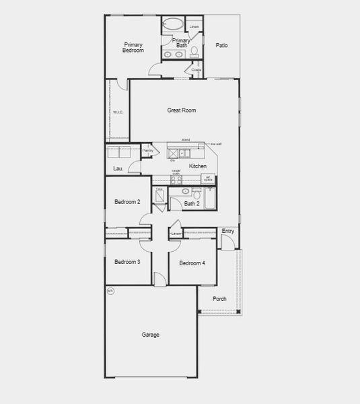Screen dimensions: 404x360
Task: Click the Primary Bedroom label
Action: (133, 47)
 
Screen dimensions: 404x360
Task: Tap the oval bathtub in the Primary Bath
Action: (173, 24)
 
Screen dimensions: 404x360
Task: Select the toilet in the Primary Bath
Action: (194, 51)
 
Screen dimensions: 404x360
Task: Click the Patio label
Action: (221, 46)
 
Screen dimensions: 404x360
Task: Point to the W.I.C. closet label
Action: (118, 112)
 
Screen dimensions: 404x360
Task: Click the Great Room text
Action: (182, 110)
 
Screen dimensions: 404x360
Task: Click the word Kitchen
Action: (197, 166)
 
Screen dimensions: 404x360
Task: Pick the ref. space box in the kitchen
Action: (209, 179)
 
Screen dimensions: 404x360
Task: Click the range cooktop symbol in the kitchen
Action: (176, 180)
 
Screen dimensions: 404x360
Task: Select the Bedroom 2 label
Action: (127, 202)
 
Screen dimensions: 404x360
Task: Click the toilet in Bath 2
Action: (196, 193)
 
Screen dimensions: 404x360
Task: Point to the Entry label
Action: (228, 231)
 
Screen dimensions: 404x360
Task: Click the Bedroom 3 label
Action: (127, 262)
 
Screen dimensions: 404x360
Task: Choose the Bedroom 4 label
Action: (191, 262)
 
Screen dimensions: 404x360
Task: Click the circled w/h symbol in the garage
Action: (111, 292)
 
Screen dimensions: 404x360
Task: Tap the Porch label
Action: (219, 299)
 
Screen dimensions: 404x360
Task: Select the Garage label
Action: (151, 335)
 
